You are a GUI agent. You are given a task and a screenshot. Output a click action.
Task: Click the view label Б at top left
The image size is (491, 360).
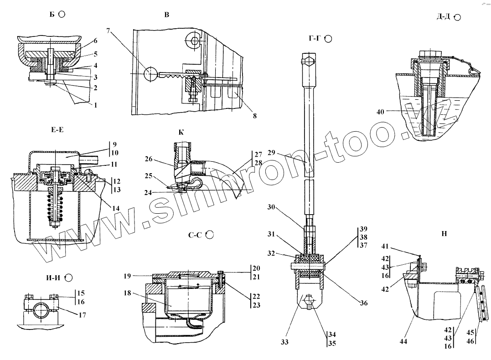click(x=52, y=14)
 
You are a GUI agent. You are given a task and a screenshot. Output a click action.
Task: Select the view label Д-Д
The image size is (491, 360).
click(x=443, y=17)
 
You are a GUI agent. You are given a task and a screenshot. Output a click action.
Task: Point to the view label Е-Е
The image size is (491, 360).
click(x=57, y=129)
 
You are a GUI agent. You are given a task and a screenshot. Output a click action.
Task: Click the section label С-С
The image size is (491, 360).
click(x=195, y=235)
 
